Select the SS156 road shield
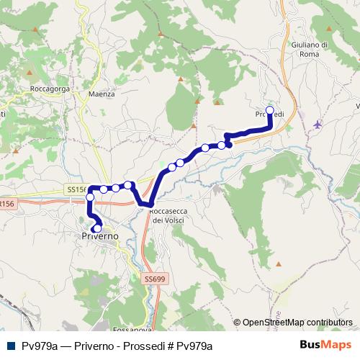click(x=76, y=189)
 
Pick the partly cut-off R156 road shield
click(x=6, y=204)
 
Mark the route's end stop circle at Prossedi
click(x=271, y=110)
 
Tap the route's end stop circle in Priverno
click(x=97, y=229)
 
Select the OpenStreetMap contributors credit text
click(x=297, y=323)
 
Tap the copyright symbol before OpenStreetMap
click(x=237, y=323)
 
